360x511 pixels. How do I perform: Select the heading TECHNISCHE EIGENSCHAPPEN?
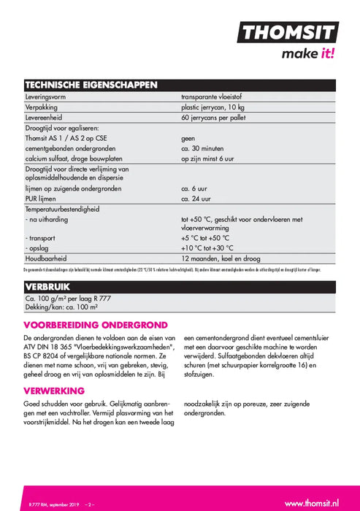pyautogui.click(x=91, y=85)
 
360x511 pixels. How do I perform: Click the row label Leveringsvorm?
pyautogui.click(x=49, y=96)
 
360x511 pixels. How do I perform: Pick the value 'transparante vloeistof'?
pyautogui.click(x=217, y=96)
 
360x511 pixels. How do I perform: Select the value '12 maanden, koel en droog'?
pyautogui.click(x=223, y=258)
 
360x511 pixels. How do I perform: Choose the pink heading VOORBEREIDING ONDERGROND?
pyautogui.click(x=96, y=325)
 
